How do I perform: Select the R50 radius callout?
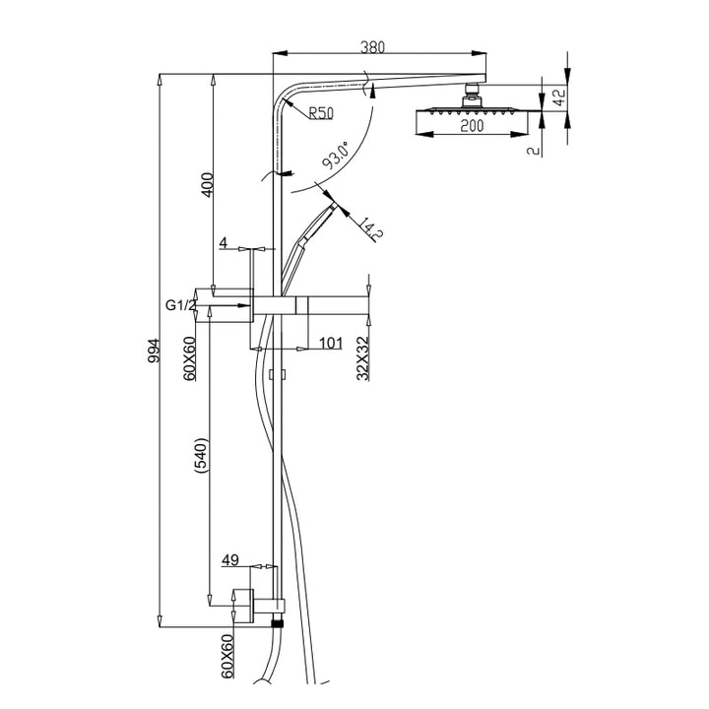pyautogui.click(x=321, y=113)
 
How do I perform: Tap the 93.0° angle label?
pyautogui.click(x=336, y=158)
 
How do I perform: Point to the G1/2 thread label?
pyautogui.click(x=180, y=306)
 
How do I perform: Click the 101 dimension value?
pyautogui.click(x=331, y=343)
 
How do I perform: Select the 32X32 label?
pyautogui.click(x=362, y=356)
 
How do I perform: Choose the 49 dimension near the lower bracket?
pyautogui.click(x=230, y=560)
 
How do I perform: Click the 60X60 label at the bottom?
pyautogui.click(x=227, y=655)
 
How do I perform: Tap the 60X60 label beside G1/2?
pyautogui.click(x=190, y=356)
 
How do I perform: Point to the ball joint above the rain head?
pyautogui.click(x=472, y=96)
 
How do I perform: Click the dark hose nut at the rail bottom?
pyautogui.click(x=279, y=622)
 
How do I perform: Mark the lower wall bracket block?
pyautogui.click(x=243, y=602)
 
